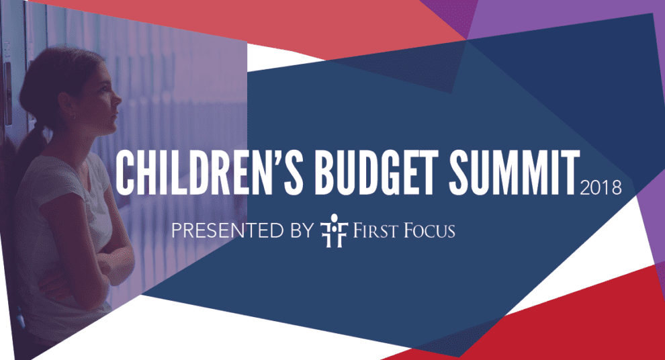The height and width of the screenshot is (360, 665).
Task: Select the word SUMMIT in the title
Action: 515,173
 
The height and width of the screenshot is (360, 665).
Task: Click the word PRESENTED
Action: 227,230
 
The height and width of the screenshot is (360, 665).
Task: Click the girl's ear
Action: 68,106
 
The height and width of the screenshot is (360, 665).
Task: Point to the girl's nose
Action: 118,99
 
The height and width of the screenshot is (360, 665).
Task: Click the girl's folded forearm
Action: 114,259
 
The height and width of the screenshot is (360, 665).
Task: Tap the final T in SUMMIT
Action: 571,173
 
